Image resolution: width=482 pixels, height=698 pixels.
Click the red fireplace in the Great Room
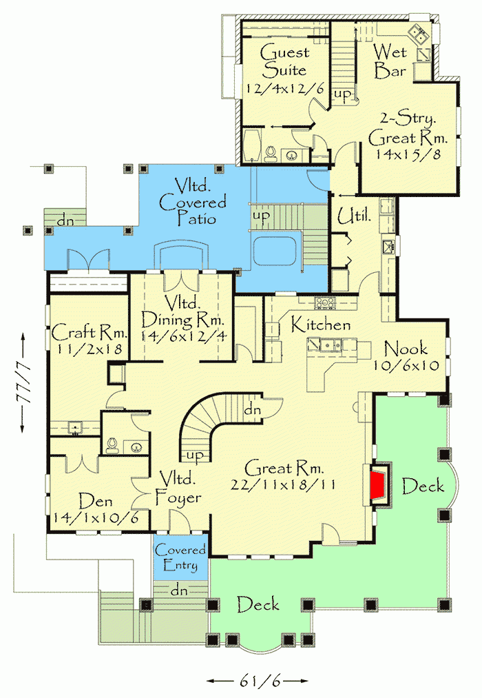point(378,486)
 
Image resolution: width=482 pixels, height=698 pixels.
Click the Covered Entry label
point(180,558)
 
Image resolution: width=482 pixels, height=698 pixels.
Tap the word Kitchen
point(320,325)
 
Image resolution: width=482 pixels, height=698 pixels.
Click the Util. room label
point(355,218)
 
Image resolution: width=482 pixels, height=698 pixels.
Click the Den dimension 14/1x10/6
point(94,517)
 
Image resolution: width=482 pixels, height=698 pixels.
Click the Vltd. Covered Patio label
point(192,202)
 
